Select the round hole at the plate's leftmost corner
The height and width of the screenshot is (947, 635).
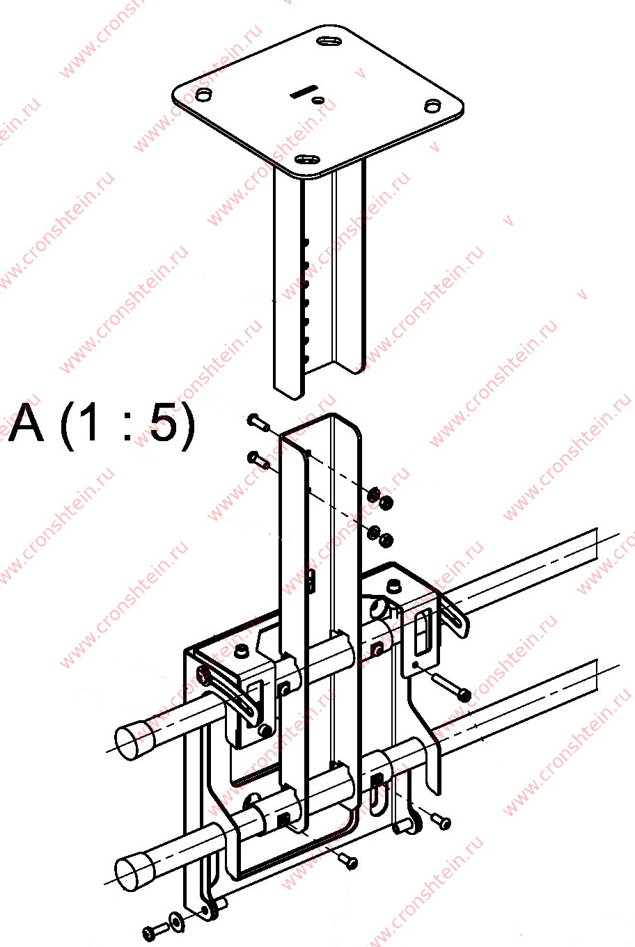click(203, 95)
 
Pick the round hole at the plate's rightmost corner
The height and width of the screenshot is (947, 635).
click(432, 106)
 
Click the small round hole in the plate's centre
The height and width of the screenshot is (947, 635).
click(319, 100)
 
